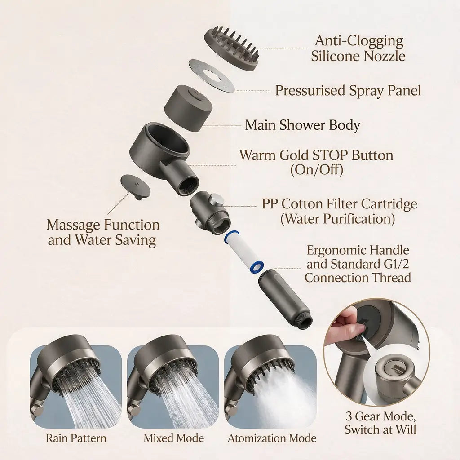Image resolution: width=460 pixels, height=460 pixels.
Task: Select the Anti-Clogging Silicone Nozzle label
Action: [358, 49]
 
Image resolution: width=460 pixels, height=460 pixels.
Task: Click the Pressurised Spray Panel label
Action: [348, 90]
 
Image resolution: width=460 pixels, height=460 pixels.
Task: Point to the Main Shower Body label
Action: [302, 125]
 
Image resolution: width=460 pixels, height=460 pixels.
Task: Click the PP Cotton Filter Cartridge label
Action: [340, 211]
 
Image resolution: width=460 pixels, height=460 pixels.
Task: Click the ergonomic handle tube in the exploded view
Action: [284, 297]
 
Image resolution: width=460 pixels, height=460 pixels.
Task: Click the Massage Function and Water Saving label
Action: [103, 233]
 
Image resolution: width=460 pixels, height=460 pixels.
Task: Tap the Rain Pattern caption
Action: [76, 438]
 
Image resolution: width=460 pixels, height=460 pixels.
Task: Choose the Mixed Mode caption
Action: [174, 438]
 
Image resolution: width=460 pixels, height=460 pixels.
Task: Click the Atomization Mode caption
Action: [272, 438]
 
